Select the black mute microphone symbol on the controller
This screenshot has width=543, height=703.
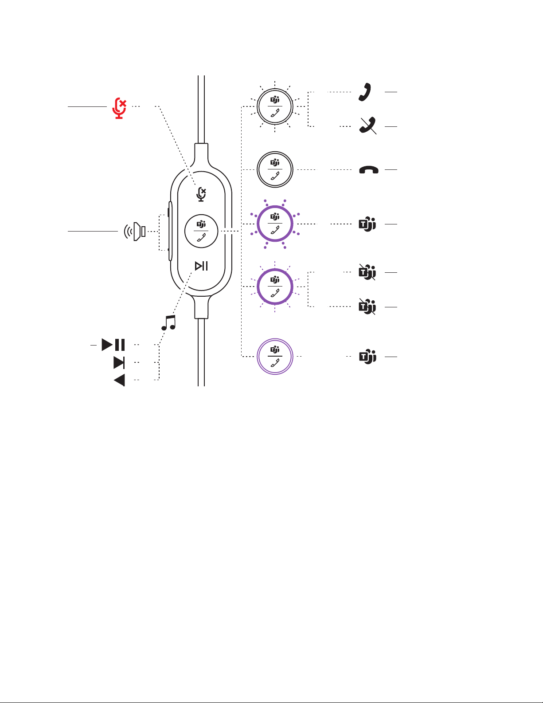pos(202,194)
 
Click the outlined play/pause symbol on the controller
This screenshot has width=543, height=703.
pos(201,266)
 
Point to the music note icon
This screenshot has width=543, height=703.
pos(168,322)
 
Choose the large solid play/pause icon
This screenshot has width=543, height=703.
pos(113,345)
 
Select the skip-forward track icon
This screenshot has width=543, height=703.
pos(119,363)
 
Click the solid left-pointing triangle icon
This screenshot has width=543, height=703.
pos(119,380)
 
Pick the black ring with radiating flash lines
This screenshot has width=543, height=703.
pos(275,107)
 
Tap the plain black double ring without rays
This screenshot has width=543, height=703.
pos(275,170)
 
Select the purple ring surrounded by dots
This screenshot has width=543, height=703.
pos(275,224)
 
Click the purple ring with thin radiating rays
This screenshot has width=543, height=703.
pos(275,287)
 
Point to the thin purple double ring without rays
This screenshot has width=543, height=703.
pos(275,357)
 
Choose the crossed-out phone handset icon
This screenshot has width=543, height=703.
pos(368,126)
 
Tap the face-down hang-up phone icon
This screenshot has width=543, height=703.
pos(368,169)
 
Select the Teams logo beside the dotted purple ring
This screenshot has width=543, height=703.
pos(367,224)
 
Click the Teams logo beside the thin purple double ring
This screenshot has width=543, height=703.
pos(367,357)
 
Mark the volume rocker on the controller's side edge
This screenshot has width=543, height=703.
pos(170,231)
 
